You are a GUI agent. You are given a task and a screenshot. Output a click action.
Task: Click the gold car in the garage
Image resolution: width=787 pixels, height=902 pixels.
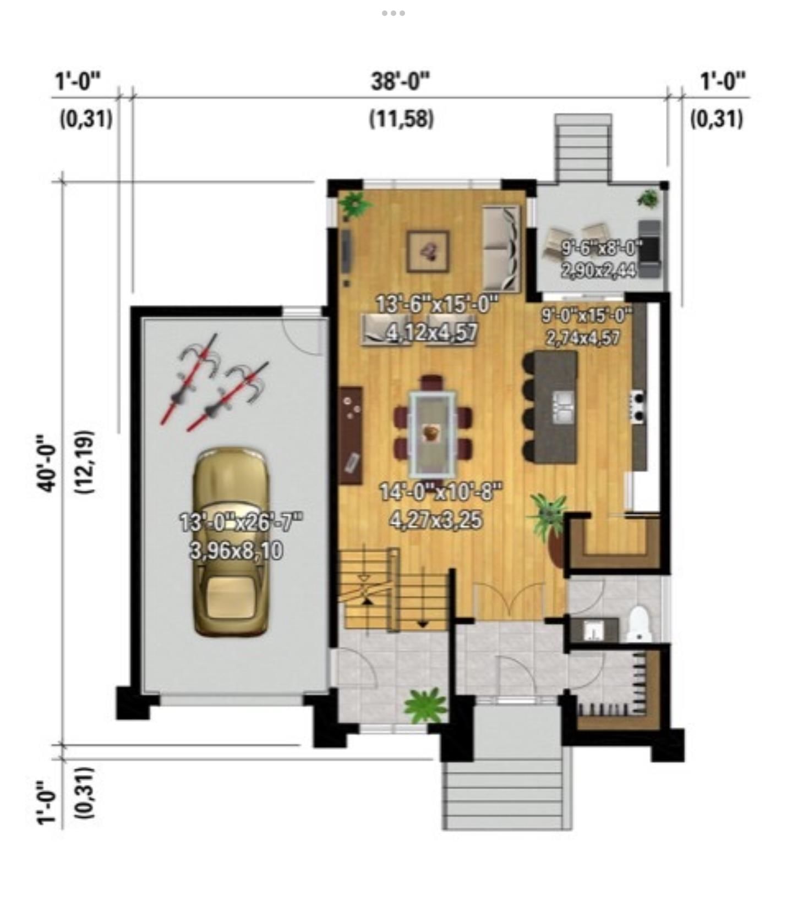(231, 541)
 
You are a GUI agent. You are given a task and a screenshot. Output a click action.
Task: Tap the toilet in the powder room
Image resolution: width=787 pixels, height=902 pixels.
(640, 624)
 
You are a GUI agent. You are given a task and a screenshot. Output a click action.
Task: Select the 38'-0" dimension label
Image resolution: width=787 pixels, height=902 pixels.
(401, 82)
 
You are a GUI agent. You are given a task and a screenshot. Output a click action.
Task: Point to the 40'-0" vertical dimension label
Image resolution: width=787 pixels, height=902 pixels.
(47, 463)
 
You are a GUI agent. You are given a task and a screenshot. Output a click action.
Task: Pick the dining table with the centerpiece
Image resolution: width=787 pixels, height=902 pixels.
(433, 433)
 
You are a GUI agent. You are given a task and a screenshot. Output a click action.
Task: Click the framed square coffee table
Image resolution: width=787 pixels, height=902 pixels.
(428, 251)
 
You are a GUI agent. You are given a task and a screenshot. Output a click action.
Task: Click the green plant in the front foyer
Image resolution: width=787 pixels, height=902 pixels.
(425, 705)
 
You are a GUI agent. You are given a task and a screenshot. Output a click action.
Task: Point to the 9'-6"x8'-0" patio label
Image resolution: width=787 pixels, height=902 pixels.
(601, 249)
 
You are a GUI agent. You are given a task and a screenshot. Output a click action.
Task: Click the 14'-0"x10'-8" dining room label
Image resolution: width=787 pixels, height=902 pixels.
(441, 491)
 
